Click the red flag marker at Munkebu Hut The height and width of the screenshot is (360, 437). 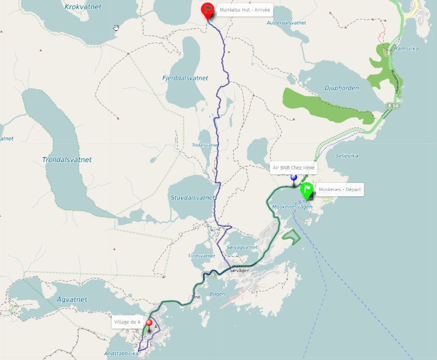tap(207, 10)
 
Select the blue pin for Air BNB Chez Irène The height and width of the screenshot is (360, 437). tap(294, 177)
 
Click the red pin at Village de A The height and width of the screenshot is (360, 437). tap(149, 324)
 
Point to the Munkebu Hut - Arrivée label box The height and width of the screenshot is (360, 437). tap(245, 10)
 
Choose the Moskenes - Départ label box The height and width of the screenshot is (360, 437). tap(340, 189)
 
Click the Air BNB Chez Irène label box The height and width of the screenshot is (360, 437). tap(294, 167)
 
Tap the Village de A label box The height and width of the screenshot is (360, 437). tap(127, 322)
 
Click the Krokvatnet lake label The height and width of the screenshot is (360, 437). tap(83, 6)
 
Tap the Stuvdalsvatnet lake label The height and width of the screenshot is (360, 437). tap(193, 198)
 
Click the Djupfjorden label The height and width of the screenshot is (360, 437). tap(341, 88)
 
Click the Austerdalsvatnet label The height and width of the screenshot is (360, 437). tap(286, 23)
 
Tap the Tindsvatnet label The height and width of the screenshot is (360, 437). tap(202, 256)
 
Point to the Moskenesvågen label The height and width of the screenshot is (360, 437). tap(292, 207)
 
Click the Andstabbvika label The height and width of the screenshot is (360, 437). tap(122, 353)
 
